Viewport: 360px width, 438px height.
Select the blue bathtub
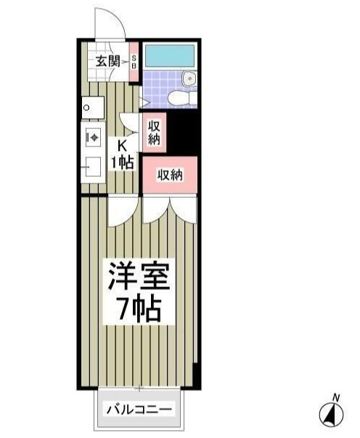click(x=168, y=56)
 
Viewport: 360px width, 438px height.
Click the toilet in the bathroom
click(x=179, y=96)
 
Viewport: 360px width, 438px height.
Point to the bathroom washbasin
click(x=189, y=78)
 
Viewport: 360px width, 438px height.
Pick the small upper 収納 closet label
click(x=153, y=133)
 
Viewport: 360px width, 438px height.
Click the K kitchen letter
click(x=122, y=146)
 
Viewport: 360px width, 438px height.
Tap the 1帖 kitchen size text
click(x=122, y=162)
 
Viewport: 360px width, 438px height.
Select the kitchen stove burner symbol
click(x=92, y=136)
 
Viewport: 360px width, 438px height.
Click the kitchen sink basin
click(x=92, y=168)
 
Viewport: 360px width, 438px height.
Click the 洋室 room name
click(x=139, y=276)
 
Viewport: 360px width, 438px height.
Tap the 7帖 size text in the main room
click(x=139, y=313)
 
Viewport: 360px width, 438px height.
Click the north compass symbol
click(x=332, y=414)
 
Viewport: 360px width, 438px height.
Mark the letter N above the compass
click(x=335, y=397)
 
